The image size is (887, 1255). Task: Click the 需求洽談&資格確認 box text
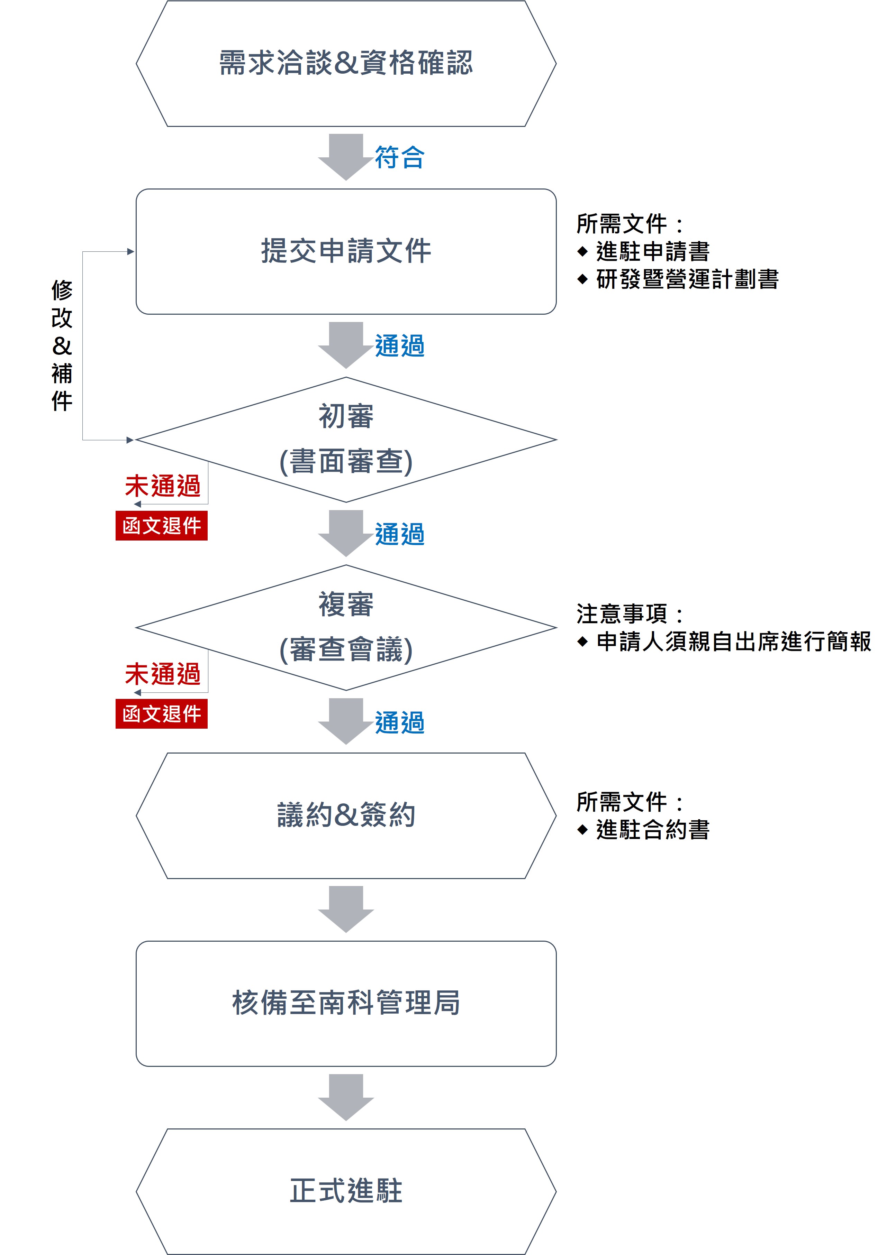click(346, 63)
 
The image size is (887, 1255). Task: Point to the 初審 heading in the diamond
click(346, 416)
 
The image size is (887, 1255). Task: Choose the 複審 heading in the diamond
click(346, 604)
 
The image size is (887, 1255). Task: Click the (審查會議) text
click(346, 649)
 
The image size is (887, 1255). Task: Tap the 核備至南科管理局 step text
click(346, 1003)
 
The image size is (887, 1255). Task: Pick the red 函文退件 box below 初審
click(161, 526)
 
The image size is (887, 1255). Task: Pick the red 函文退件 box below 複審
click(161, 714)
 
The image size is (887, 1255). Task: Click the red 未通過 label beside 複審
click(162, 674)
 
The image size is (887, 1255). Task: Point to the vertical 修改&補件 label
click(62, 345)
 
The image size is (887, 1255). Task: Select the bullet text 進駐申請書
click(652, 251)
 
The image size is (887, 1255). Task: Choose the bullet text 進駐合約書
click(652, 830)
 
